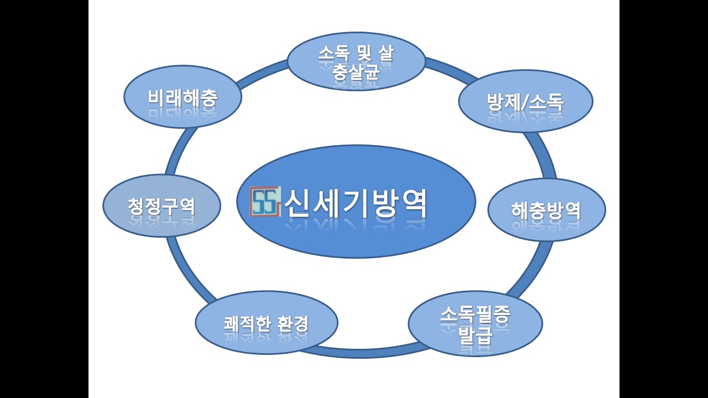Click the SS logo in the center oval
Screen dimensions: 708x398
coord(265,201)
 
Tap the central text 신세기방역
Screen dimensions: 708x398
coord(356,203)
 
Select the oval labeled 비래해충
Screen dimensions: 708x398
coord(183,97)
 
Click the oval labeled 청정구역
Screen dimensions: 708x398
coord(162,206)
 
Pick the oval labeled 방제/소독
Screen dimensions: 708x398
coord(525,101)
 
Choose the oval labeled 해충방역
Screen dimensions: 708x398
coord(546,210)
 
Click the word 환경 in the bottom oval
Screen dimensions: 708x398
coord(293,323)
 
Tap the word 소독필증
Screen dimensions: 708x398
coord(475,315)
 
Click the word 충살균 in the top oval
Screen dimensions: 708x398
coord(356,72)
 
